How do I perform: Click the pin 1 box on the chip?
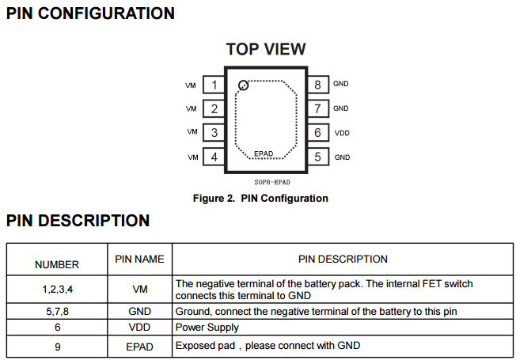click(214, 85)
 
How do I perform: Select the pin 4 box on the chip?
click(214, 157)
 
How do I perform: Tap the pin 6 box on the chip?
click(317, 133)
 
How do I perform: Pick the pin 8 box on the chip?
click(317, 85)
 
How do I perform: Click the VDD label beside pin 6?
click(342, 133)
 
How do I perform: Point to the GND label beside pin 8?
click(341, 84)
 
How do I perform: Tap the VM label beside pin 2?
click(192, 109)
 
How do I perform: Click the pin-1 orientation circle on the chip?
click(244, 85)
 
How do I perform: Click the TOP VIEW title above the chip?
click(266, 49)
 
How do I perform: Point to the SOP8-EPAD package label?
click(266, 182)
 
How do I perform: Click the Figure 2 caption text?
click(260, 199)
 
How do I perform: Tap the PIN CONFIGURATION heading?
click(90, 13)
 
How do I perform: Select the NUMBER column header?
click(57, 264)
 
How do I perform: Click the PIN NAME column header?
click(140, 259)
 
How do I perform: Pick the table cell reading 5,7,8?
click(57, 311)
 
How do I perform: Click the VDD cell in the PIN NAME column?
click(140, 327)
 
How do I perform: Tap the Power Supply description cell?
click(207, 327)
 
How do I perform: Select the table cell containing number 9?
click(57, 346)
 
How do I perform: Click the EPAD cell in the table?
click(140, 346)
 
